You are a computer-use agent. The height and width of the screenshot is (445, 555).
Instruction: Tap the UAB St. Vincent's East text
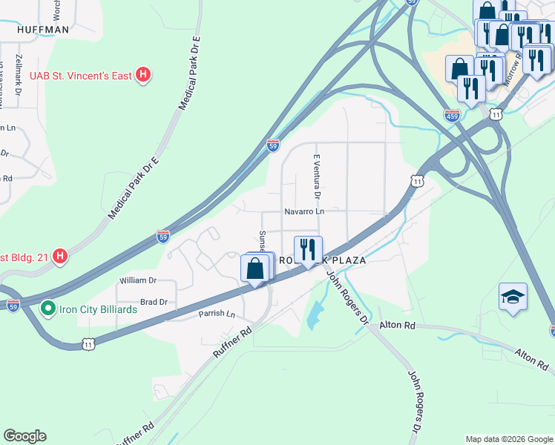coord(82,75)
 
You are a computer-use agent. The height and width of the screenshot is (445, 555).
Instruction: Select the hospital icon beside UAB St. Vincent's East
coord(145,75)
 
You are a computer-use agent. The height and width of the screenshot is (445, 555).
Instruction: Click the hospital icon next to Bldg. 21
coord(61,257)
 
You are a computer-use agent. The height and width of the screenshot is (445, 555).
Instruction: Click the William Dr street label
coord(138,280)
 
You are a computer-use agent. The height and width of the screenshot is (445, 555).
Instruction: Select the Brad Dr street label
coord(154,302)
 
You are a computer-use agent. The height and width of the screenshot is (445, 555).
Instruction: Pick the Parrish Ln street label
coord(216,314)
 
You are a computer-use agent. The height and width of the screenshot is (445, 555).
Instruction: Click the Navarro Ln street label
coord(304,211)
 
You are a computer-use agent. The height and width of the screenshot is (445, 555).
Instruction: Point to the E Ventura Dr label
coord(316,177)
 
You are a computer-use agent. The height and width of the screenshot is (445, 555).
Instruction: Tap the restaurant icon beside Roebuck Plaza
coord(308,249)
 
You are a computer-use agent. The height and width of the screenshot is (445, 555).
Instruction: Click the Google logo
coord(24,436)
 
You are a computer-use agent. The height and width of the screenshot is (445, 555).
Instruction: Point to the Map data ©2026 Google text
coord(508,439)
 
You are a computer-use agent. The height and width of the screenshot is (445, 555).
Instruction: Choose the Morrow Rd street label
coord(512,71)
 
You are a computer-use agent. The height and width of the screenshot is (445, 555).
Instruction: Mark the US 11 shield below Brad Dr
coord(89,344)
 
